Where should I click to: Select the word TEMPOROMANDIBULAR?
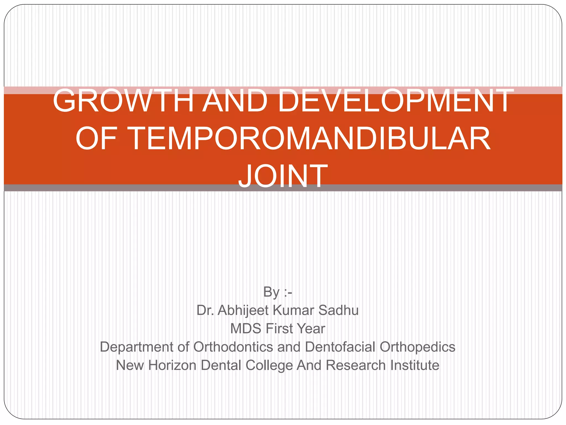coord(310,138)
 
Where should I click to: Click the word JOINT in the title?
coord(283,176)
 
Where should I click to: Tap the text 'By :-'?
coord(277,292)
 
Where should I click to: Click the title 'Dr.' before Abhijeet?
coord(205,310)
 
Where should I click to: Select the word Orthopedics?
coord(417,347)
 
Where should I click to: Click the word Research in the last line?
coord(356,365)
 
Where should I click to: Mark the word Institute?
coord(415,365)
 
